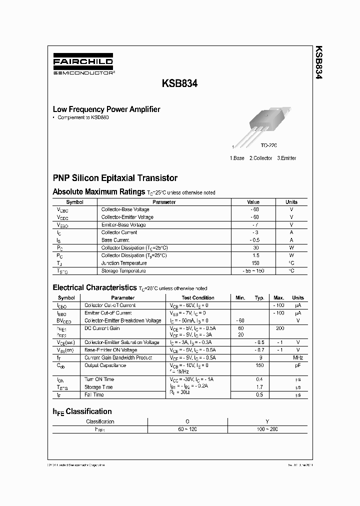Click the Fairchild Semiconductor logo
pos(83,65)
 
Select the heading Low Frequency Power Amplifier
pos(106,109)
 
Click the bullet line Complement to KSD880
pos(83,117)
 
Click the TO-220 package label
pos(268,145)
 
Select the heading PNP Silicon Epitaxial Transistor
pos(115,178)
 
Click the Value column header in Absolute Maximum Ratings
pos(253,202)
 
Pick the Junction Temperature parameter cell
pos(124,263)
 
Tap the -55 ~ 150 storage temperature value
pos(253,270)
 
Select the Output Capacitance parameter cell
pos(105,365)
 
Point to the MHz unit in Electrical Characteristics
pos(298,357)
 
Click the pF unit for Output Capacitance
pos(298,365)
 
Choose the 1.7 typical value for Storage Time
pos(259,387)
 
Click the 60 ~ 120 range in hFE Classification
pos(187,429)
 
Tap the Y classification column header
pos(267,421)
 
